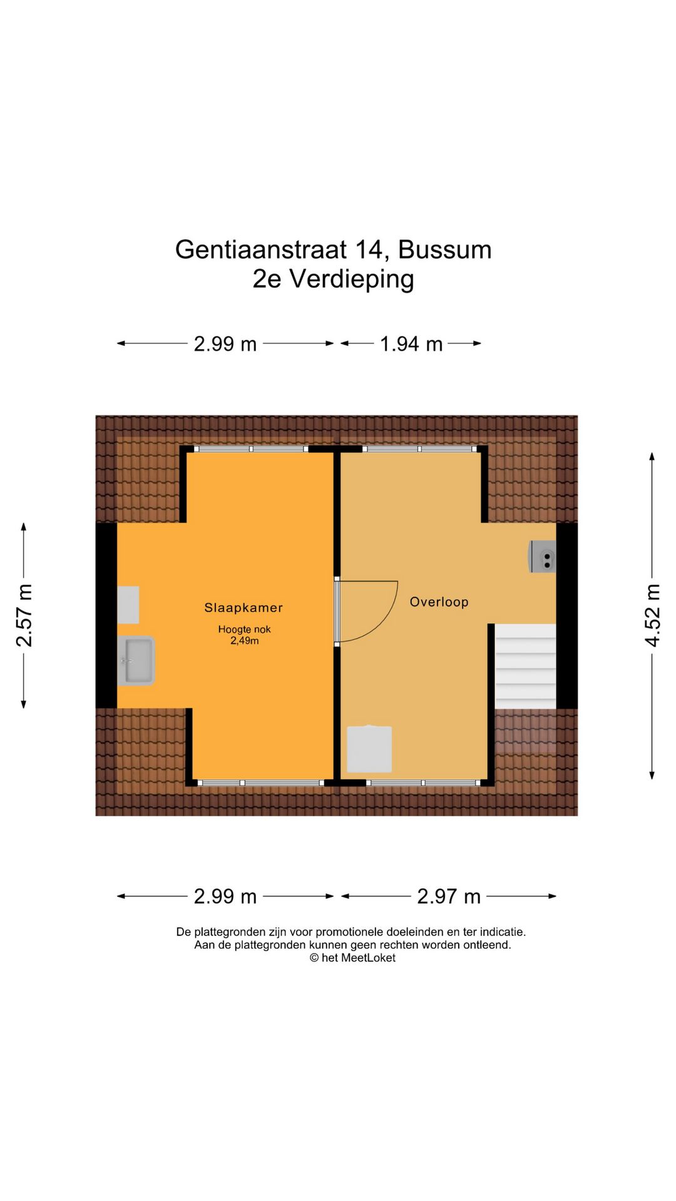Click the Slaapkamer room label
[243, 607]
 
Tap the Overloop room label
[439, 602]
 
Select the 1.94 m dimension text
[411, 344]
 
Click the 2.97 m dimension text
[449, 896]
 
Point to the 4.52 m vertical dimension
[652, 616]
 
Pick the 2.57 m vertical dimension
[24, 616]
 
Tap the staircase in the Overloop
[525, 666]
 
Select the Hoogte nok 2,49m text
[244, 635]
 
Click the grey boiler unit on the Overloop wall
[543, 556]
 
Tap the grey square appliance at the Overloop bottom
[369, 749]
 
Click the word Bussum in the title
[444, 250]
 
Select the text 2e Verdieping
[333, 279]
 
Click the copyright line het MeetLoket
[352, 958]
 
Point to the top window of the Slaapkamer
[250, 449]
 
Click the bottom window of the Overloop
[423, 783]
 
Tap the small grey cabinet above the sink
[128, 604]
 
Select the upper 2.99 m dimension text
[225, 344]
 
